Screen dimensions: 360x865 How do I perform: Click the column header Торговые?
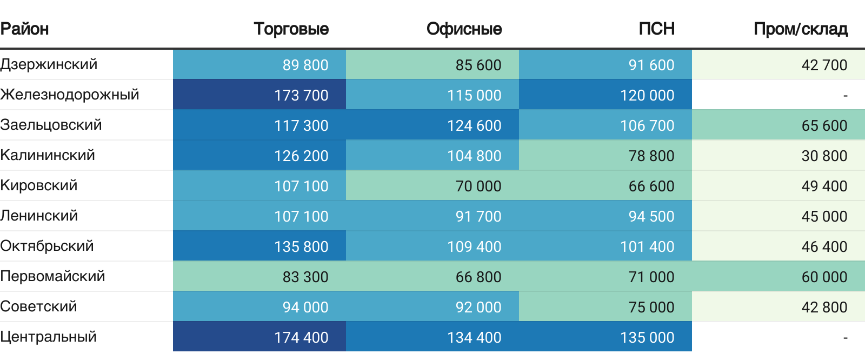pos(291,29)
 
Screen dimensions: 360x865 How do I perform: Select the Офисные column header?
pos(464,29)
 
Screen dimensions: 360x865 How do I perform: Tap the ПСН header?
pos(656,29)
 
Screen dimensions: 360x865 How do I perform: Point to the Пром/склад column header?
pos(800,29)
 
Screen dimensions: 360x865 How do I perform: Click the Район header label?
pos(25,29)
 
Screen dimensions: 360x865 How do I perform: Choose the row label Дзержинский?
pos(49,64)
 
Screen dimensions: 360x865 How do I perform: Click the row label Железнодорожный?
pos(70,95)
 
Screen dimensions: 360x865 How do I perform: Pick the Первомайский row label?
pos(52,276)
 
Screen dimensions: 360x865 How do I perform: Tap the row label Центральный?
pos(49,337)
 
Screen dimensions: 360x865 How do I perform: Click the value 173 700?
pos(301,95)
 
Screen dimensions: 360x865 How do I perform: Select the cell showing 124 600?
pos(474,125)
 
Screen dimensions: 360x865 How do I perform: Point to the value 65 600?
pos(824,125)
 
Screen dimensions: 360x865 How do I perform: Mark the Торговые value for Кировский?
pos(301,186)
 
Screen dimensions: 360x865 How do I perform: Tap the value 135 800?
pos(301,246)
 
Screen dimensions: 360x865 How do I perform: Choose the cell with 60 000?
pos(824,277)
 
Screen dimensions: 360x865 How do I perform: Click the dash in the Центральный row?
pos(845,337)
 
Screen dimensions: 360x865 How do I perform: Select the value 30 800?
pos(824,156)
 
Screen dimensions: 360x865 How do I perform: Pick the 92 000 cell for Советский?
pos(478,307)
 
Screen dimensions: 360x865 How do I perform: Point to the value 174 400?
pos(301,337)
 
